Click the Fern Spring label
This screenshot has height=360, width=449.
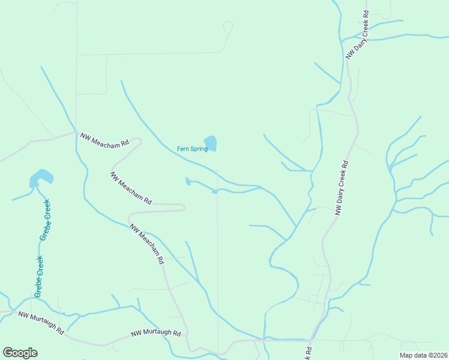[x=191, y=149]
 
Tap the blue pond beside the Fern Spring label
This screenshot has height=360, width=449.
[x=211, y=143]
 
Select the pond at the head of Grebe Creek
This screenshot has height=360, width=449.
[x=41, y=178]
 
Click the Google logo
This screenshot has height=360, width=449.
[x=20, y=353]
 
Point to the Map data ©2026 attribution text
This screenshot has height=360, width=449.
[x=423, y=355]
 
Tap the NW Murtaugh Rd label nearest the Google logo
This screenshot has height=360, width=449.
[x=41, y=322]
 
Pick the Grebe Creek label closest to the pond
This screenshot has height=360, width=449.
[x=45, y=220]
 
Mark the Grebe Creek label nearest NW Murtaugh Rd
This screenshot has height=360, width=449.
[x=38, y=277]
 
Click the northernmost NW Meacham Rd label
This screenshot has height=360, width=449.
[x=104, y=140]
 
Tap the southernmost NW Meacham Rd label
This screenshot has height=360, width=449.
[x=147, y=244]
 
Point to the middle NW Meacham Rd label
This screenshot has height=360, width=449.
[x=130, y=188]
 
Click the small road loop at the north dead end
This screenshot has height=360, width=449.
[x=228, y=27]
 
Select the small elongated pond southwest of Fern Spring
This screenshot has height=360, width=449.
[x=188, y=181]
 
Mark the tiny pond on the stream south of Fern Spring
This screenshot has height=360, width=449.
[x=214, y=191]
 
